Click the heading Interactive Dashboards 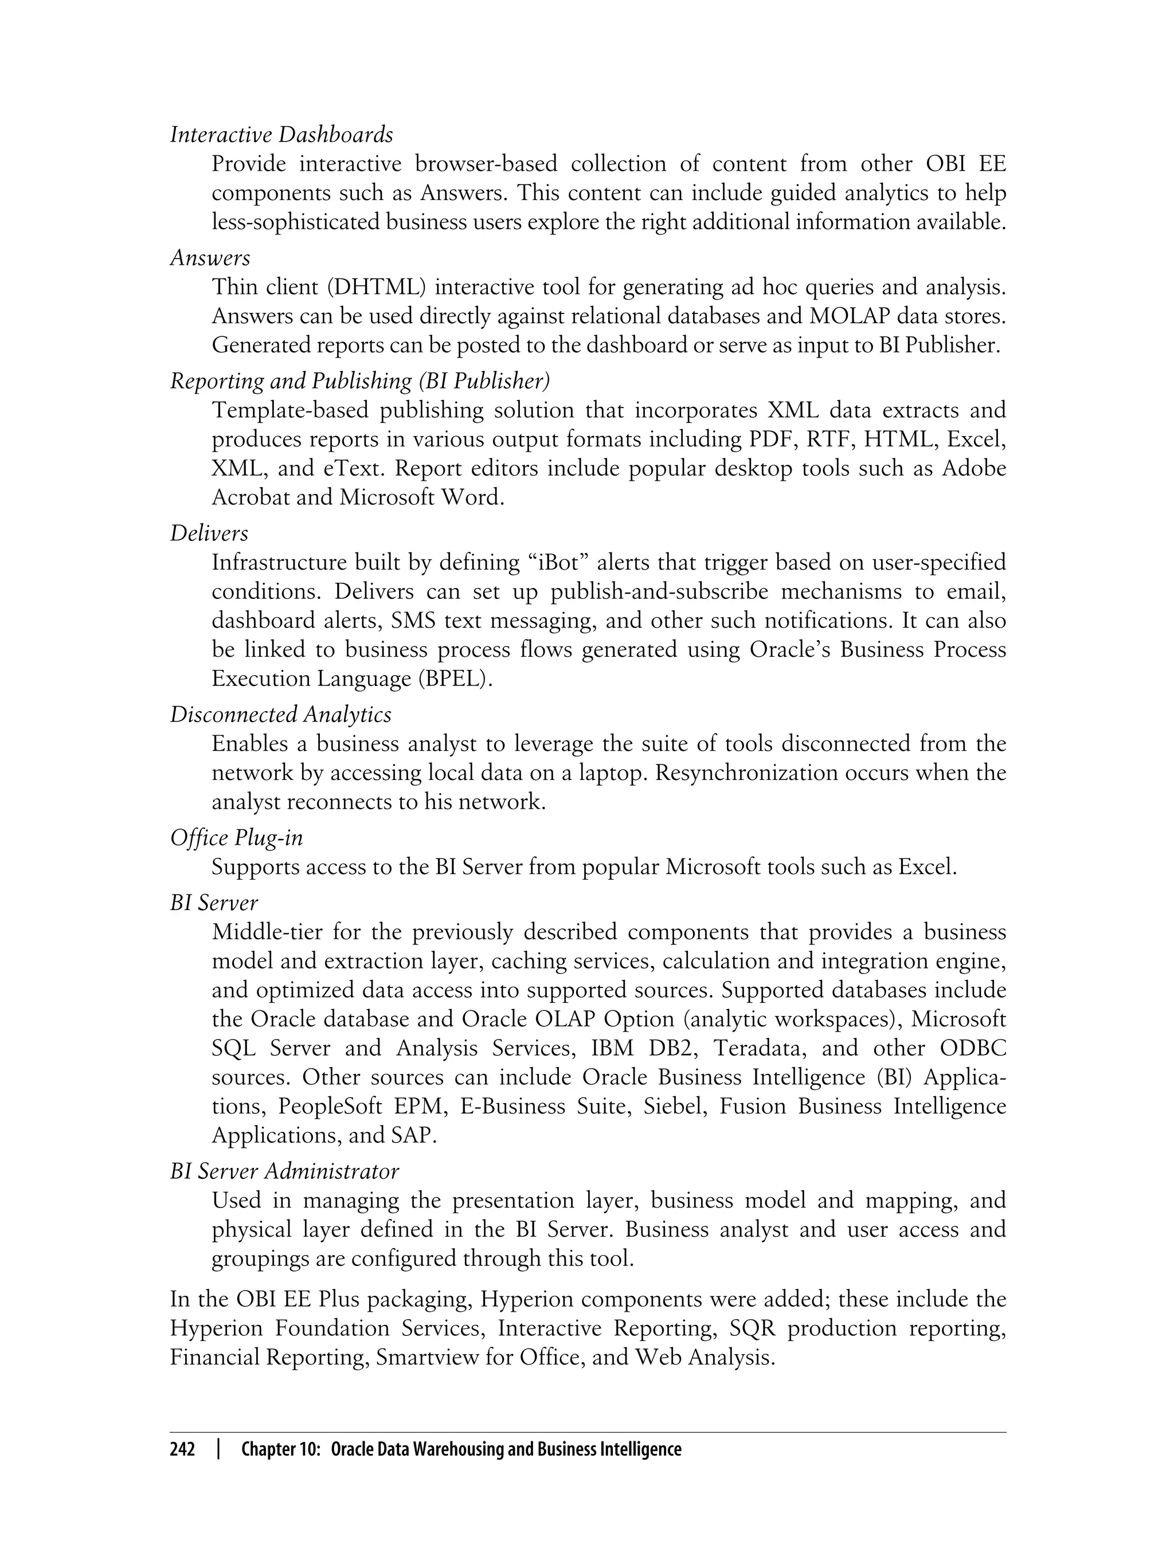281,134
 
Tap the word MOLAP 848,316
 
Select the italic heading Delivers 209,533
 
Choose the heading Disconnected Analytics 281,714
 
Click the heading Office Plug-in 237,838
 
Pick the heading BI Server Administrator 284,1171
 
